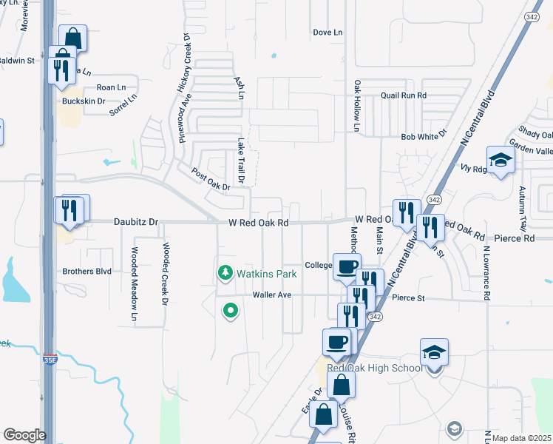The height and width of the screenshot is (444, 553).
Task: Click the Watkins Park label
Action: pyautogui.click(x=266, y=274)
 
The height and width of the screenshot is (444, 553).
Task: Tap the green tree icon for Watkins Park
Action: pyautogui.click(x=225, y=274)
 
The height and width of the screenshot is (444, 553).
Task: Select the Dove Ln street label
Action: pyautogui.click(x=328, y=33)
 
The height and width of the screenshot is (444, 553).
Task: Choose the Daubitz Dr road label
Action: pyautogui.click(x=136, y=221)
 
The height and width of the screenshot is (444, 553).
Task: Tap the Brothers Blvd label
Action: pyautogui.click(x=86, y=272)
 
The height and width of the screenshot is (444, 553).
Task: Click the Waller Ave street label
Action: pyautogui.click(x=273, y=295)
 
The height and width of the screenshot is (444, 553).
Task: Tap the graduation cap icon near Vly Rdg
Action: pyautogui.click(x=500, y=161)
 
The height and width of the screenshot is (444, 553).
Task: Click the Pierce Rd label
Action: pyautogui.click(x=518, y=238)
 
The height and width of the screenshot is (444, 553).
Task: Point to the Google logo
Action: pyautogui.click(x=24, y=435)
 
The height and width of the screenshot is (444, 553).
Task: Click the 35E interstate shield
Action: pyautogui.click(x=49, y=360)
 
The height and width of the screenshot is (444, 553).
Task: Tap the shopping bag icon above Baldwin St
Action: pyautogui.click(x=72, y=37)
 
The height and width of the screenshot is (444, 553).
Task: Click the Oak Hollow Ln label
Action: pyautogui.click(x=356, y=107)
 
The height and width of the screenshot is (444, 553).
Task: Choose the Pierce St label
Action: pyautogui.click(x=409, y=298)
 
